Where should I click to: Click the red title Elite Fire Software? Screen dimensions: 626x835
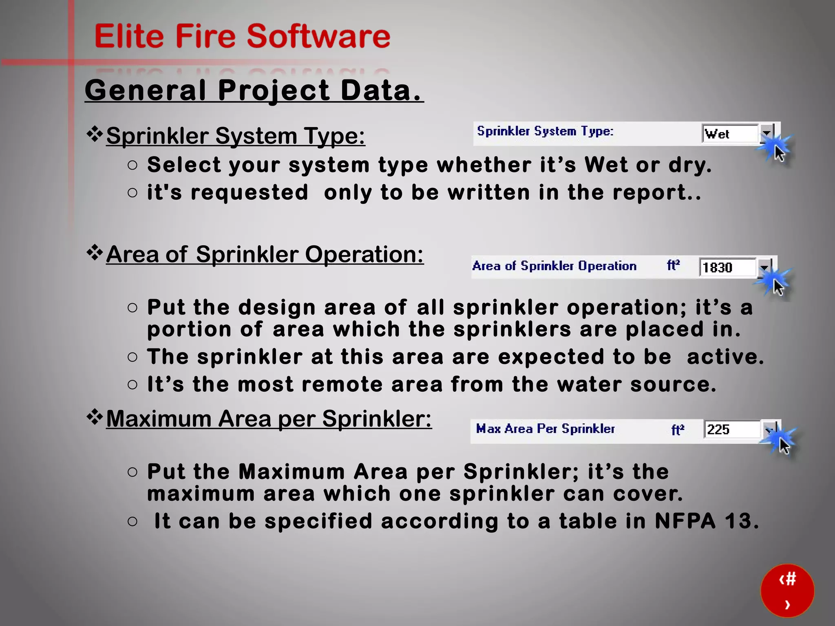click(242, 36)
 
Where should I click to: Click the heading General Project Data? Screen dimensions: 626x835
click(254, 90)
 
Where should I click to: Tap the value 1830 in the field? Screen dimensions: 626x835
click(718, 267)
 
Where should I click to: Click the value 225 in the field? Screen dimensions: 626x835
click(718, 430)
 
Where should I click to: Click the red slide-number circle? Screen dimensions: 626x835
click(787, 590)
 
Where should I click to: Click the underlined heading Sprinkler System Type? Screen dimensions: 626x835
click(235, 136)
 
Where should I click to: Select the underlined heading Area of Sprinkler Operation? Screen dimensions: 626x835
click(265, 254)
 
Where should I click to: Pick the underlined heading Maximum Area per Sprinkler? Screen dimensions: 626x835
click(269, 419)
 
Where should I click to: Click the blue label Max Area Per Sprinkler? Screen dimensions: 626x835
click(545, 429)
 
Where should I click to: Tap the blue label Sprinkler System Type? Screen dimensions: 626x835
click(545, 131)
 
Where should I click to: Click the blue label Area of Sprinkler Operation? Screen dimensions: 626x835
click(554, 266)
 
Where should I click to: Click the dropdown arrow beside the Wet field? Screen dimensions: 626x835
click(767, 133)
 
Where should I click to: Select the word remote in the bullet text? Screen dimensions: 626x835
click(342, 384)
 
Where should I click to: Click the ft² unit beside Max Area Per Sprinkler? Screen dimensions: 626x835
click(677, 430)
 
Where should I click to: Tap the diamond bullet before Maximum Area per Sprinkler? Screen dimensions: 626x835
click(95, 418)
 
